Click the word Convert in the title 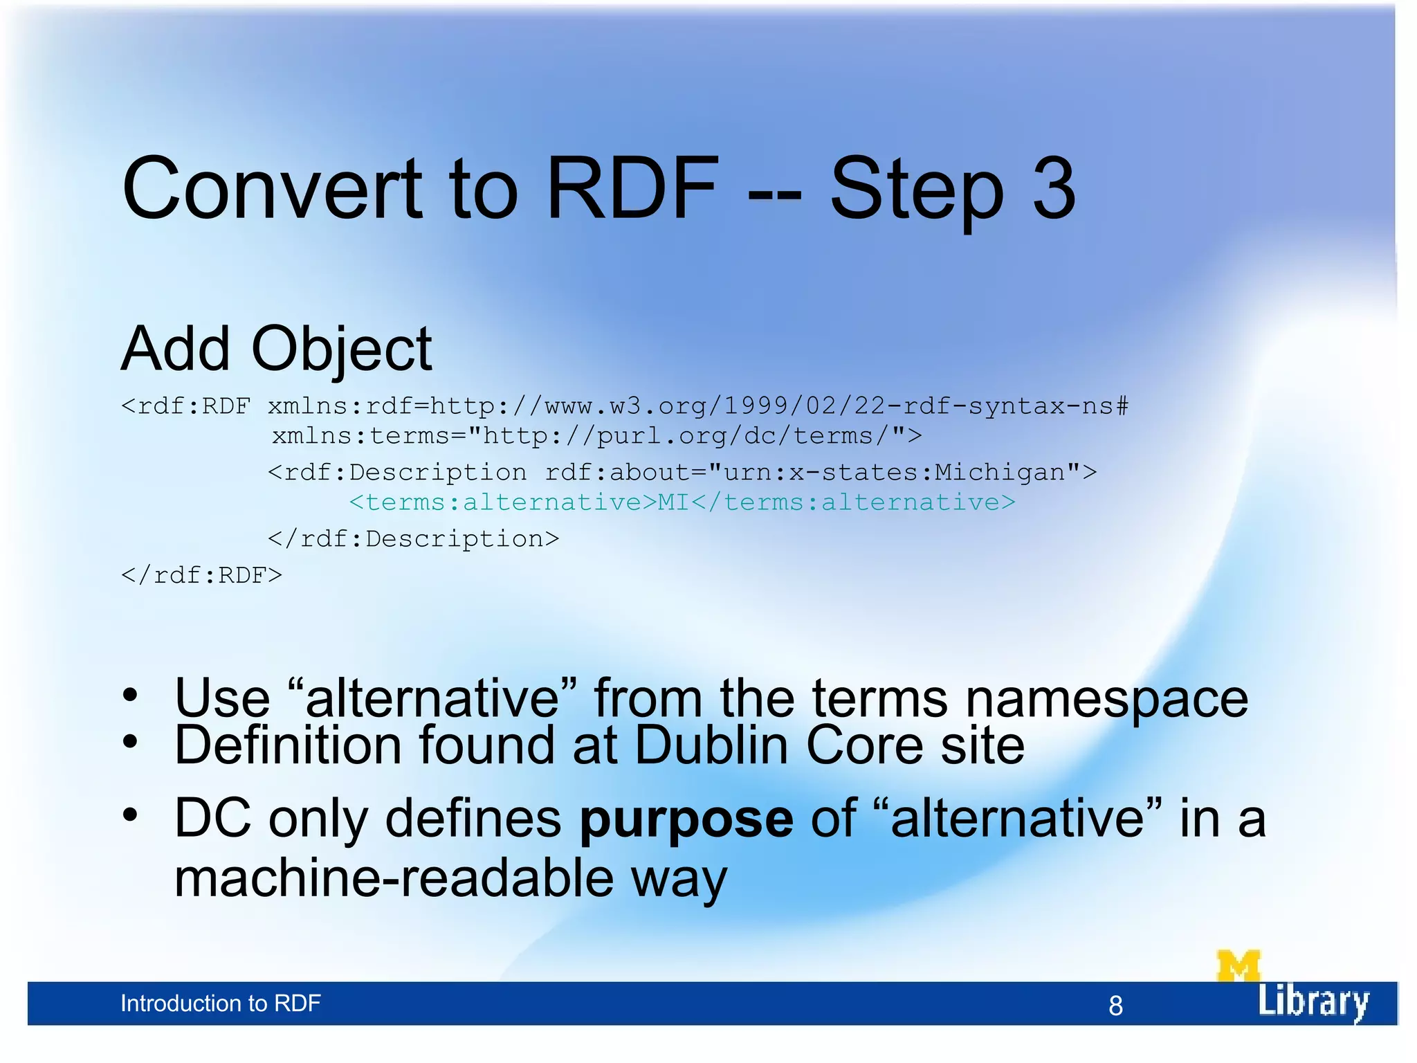271,188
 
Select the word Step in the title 916,190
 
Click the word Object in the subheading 342,349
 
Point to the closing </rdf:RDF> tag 201,575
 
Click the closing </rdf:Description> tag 413,538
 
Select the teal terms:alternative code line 682,502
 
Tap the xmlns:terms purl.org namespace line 596,436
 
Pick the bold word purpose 686,819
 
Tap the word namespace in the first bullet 1106,699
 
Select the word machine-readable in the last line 394,878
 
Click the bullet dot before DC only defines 130,815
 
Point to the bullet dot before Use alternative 130,695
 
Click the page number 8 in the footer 1115,1006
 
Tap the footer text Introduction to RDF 220,1003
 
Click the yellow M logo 1238,965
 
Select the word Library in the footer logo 1313,1001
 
